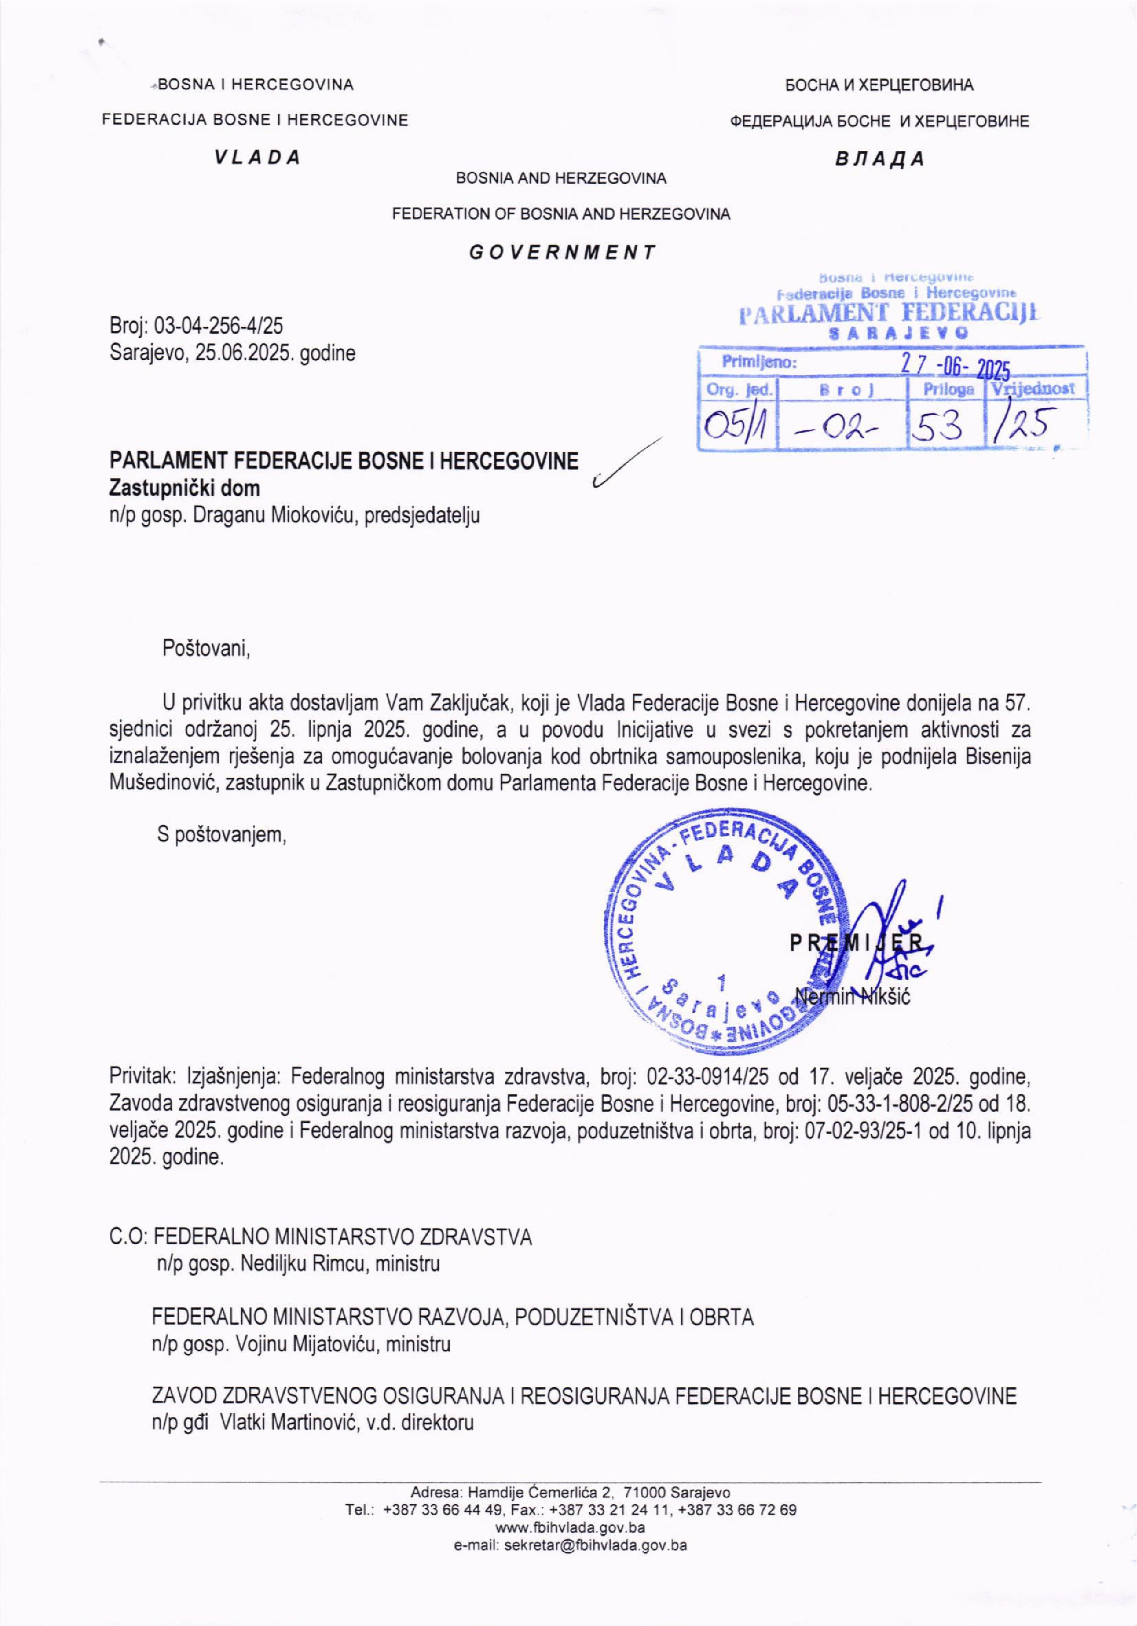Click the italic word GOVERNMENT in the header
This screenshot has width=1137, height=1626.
point(563,252)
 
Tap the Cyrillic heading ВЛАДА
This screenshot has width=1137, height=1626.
point(879,159)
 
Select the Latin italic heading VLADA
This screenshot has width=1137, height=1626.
point(258,157)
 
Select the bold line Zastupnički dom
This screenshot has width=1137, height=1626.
point(184,488)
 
